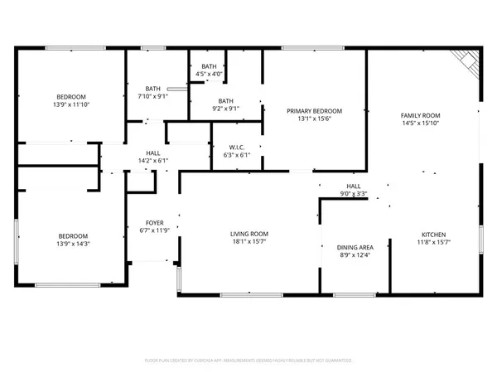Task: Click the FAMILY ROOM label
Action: pyautogui.click(x=420, y=115)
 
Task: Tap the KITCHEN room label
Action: pyautogui.click(x=433, y=235)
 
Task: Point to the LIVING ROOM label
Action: pyautogui.click(x=249, y=234)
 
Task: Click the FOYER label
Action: pyautogui.click(x=155, y=223)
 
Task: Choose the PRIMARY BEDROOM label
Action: pyautogui.click(x=314, y=111)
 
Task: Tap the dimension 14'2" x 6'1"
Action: pyautogui.click(x=153, y=161)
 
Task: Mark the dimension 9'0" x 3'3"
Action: pyautogui.click(x=353, y=195)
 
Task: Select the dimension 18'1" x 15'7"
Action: pyautogui.click(x=249, y=242)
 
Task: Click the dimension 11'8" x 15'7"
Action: pyautogui.click(x=433, y=243)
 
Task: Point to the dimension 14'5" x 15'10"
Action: pyautogui.click(x=420, y=124)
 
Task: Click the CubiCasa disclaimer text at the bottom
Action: pyautogui.click(x=248, y=361)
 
